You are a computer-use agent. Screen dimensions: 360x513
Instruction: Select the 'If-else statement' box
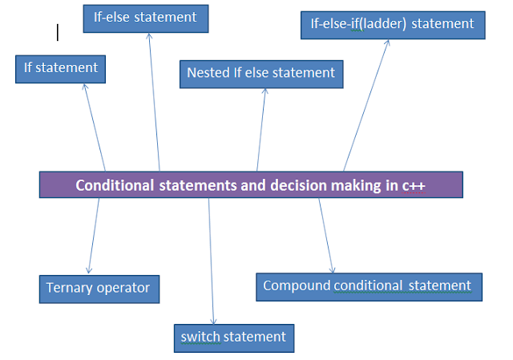pyautogui.click(x=146, y=17)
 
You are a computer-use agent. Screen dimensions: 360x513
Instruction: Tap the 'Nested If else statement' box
pyautogui.click(x=261, y=74)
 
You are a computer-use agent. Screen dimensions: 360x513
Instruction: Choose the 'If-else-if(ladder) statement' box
pyautogui.click(x=393, y=24)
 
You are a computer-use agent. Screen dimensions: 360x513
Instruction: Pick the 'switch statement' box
pyautogui.click(x=234, y=337)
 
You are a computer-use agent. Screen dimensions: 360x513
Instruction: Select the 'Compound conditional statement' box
pyautogui.click(x=369, y=286)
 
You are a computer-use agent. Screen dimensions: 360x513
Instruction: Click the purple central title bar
pyautogui.click(x=252, y=185)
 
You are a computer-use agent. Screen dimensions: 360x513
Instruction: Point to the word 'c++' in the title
pyautogui.click(x=414, y=186)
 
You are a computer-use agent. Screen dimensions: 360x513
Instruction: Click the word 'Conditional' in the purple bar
pyautogui.click(x=114, y=186)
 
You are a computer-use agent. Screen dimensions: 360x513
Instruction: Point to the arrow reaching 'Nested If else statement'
pyautogui.click(x=261, y=128)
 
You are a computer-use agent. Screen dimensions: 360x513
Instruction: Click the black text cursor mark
pyautogui.click(x=58, y=32)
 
